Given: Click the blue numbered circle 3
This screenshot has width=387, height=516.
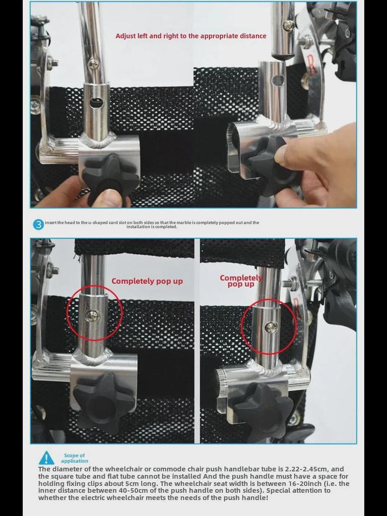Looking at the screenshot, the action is click(38, 225).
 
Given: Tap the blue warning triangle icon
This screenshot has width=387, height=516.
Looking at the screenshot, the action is click(46, 458).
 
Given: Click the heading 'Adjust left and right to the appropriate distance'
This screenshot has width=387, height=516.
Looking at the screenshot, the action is click(191, 36).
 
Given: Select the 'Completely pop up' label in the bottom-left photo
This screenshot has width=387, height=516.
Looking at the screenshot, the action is click(147, 281).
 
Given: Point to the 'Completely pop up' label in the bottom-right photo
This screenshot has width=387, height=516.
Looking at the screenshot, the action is click(241, 281).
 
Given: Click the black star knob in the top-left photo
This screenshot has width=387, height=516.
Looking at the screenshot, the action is click(110, 178).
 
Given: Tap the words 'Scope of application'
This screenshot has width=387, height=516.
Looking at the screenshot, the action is click(75, 458).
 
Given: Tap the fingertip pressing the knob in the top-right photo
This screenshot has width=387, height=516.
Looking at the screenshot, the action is click(287, 152).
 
